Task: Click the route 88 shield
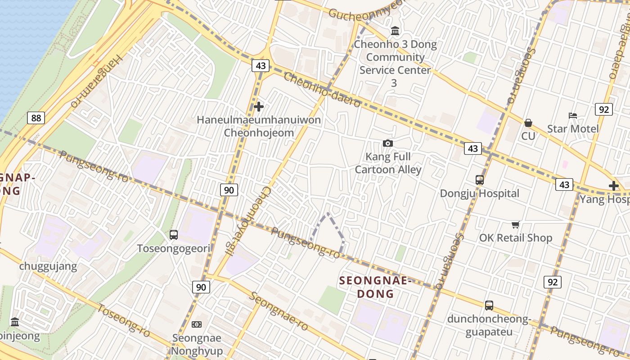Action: click(36, 118)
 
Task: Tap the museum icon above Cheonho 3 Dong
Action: click(395, 31)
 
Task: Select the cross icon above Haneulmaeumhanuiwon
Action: click(259, 107)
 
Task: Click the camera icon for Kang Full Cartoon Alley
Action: click(387, 143)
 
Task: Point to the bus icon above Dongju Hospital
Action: click(480, 180)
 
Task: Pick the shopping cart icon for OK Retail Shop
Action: click(515, 225)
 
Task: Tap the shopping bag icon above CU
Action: click(528, 123)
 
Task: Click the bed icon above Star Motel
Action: click(573, 116)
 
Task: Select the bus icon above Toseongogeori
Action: click(174, 235)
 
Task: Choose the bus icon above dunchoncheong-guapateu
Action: click(489, 306)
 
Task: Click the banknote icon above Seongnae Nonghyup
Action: click(197, 324)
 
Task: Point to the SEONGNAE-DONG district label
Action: click(375, 287)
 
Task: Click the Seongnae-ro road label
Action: click(279, 311)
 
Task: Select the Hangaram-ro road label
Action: click(97, 81)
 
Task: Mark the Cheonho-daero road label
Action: click(322, 90)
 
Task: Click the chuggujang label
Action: click(48, 266)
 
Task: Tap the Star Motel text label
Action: click(573, 129)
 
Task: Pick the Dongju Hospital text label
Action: click(480, 193)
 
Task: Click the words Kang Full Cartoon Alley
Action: click(388, 163)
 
